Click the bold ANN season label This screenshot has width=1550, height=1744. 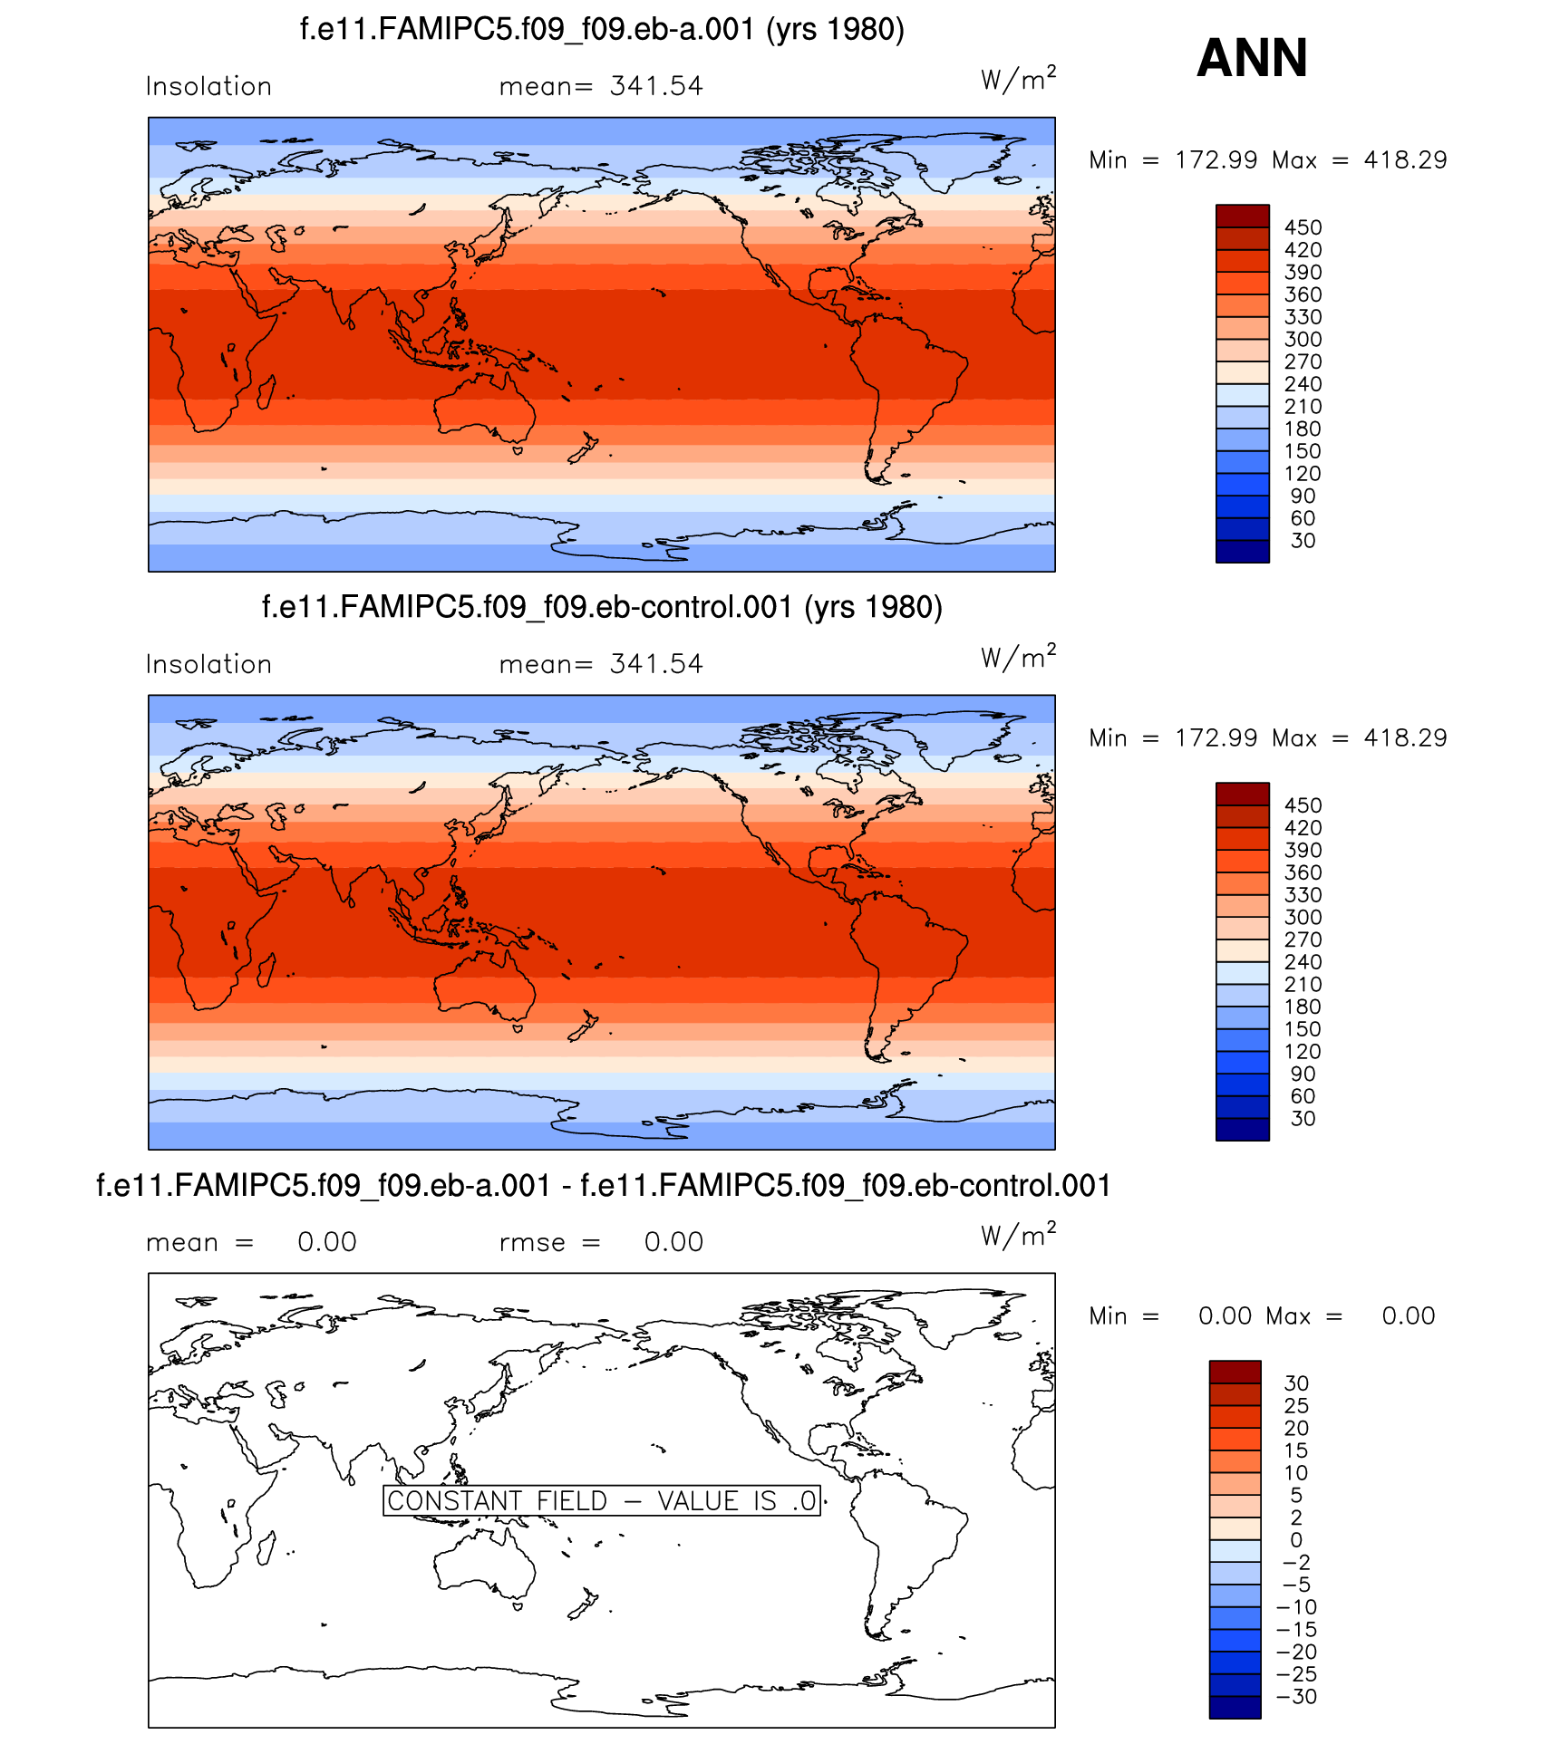pyautogui.click(x=1252, y=58)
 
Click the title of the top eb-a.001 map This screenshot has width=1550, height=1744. pyautogui.click(x=602, y=29)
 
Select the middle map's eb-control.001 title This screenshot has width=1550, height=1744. pyautogui.click(x=602, y=606)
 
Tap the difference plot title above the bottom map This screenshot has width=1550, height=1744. pyautogui.click(x=604, y=1185)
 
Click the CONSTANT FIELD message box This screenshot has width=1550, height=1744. pyautogui.click(x=602, y=1500)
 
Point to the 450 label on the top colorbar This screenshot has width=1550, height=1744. pyautogui.click(x=1303, y=227)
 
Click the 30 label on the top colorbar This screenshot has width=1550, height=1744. pyautogui.click(x=1303, y=541)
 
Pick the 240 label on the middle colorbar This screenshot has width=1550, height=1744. pyautogui.click(x=1303, y=962)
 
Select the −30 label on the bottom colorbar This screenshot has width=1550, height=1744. pyautogui.click(x=1297, y=1696)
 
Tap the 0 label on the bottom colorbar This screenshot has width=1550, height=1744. pyautogui.click(x=1296, y=1539)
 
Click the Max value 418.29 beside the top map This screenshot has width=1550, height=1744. pyautogui.click(x=1405, y=160)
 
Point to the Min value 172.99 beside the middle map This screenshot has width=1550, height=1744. pyautogui.click(x=1216, y=738)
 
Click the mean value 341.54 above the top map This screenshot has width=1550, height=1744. pyautogui.click(x=656, y=86)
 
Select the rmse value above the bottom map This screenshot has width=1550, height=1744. pyautogui.click(x=673, y=1242)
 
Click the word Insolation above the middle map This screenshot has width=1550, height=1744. pyautogui.click(x=208, y=664)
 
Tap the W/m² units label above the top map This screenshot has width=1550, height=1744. pyautogui.click(x=1018, y=80)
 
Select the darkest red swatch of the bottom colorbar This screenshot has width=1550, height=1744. pyautogui.click(x=1235, y=1372)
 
